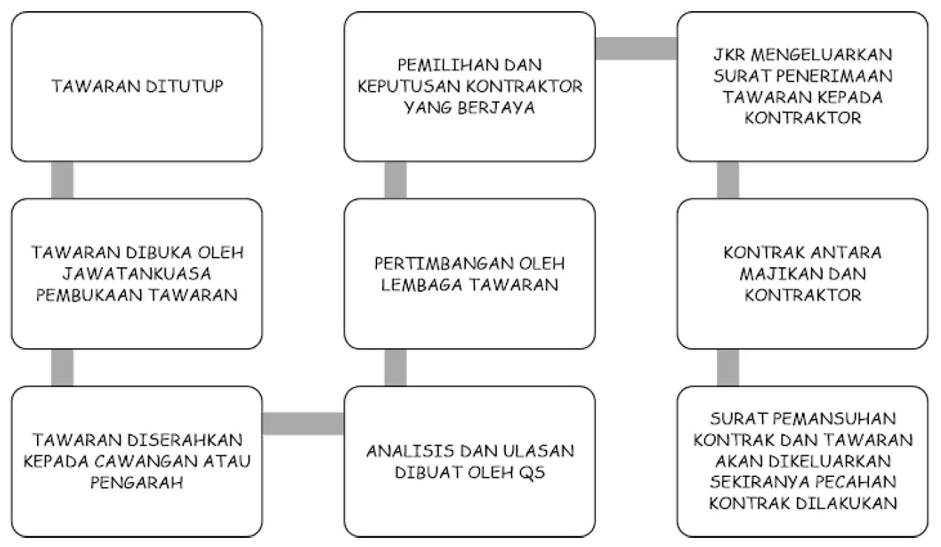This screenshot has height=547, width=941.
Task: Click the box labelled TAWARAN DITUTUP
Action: pos(137,87)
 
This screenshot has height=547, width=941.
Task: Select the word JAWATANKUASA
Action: pos(137,274)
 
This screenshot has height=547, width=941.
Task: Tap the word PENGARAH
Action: pos(137,483)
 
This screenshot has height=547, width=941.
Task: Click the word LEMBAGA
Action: pos(422,285)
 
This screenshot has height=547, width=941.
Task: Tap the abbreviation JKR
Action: pos(729,55)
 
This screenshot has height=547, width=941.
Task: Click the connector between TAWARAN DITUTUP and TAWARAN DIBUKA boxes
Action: pos(62,180)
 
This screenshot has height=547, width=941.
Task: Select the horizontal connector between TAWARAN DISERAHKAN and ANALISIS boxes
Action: pos(304,423)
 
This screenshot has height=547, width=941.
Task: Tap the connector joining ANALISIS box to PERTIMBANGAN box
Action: pos(395,368)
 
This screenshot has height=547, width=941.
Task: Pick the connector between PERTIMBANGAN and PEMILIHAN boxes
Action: pos(395,180)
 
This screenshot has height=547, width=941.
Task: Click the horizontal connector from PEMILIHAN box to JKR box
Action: pos(636,49)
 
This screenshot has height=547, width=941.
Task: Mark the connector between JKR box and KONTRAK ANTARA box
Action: pos(728,180)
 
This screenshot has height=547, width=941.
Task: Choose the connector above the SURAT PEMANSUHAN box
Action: pos(728,368)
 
